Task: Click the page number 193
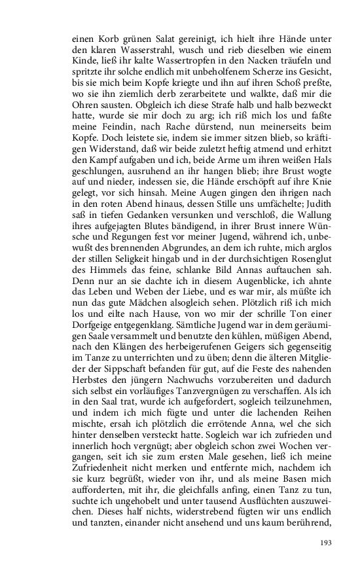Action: point(325,543)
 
